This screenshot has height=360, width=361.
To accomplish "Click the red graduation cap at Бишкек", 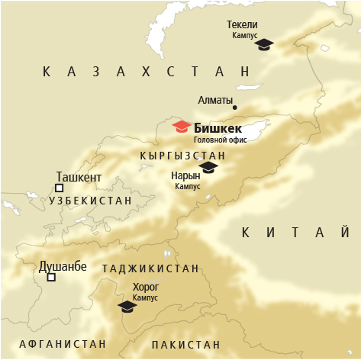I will point(182,126).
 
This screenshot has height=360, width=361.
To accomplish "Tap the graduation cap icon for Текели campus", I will point(264,44).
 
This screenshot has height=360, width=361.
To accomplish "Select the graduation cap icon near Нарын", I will point(208,167).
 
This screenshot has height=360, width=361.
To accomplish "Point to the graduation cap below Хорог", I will point(127,306).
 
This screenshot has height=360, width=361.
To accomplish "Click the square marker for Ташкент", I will point(60,188).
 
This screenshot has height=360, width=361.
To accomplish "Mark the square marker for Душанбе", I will point(51,278).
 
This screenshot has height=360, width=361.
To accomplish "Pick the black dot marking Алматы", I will point(235,108).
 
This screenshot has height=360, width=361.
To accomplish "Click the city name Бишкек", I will point(218,127).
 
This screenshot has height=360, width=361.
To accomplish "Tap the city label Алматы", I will point(215,100).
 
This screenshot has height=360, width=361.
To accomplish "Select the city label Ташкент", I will point(79,178).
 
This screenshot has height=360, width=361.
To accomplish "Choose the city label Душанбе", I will point(63,267).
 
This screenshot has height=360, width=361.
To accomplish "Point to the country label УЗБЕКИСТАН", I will point(90,200).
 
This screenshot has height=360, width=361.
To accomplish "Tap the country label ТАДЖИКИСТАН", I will point(150,268).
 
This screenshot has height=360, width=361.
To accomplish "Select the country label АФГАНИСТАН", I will point(63,344).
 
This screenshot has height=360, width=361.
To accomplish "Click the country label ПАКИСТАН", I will point(185,345).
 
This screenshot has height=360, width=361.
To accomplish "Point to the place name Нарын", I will point(185,175).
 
